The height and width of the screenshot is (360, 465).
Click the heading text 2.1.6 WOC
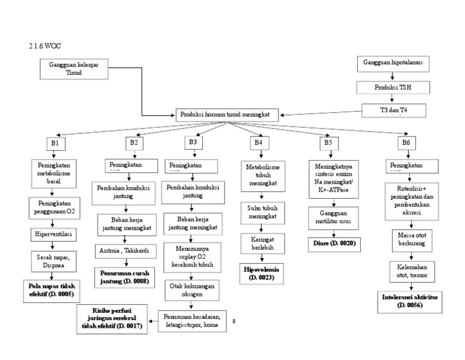45,45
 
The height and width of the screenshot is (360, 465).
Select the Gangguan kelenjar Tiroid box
74,68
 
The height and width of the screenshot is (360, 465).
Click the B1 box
54,144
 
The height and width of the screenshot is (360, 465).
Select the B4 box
258,142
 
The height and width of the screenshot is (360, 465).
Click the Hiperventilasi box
54,233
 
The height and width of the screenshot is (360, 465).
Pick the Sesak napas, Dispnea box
54,261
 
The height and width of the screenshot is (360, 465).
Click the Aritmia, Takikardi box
125,250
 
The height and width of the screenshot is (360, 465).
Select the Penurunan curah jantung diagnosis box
125,278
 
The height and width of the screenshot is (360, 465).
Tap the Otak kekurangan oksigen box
194,290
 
